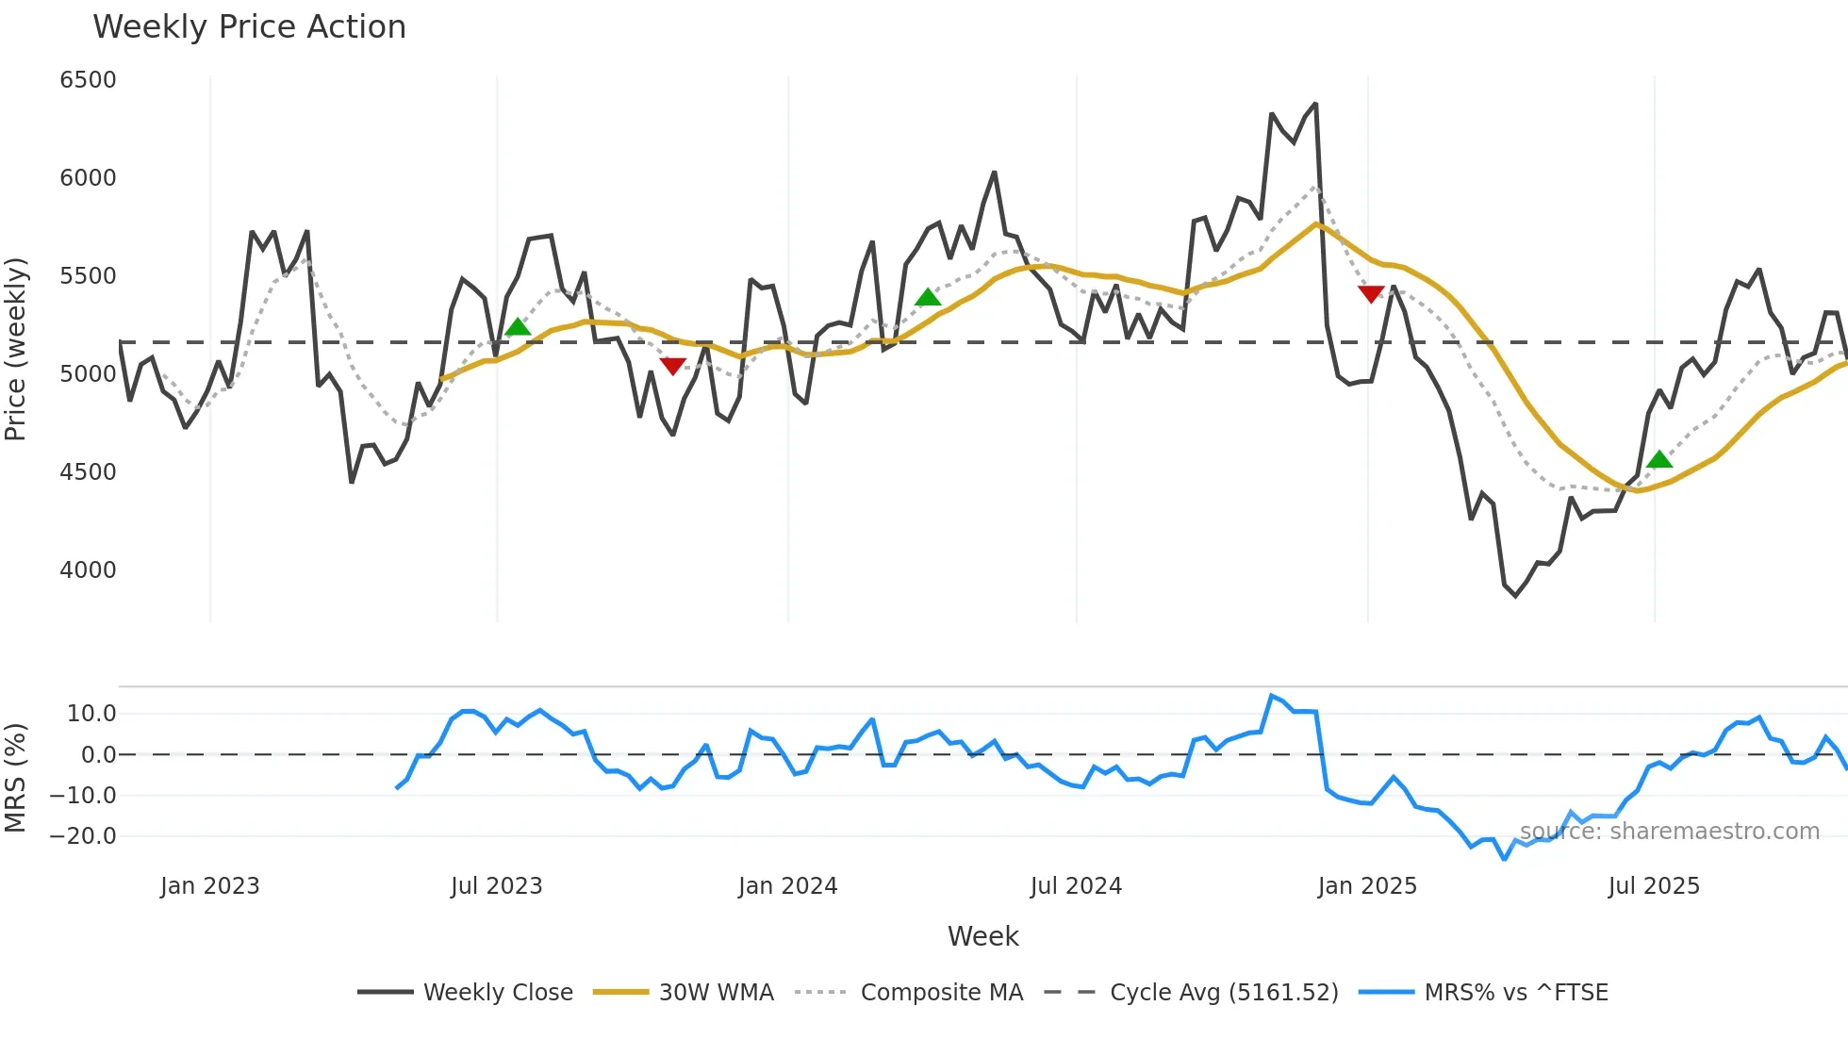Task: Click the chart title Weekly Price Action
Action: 249,27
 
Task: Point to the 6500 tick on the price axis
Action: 88,80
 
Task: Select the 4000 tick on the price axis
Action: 88,570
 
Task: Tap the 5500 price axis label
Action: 88,276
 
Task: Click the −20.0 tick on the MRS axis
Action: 83,836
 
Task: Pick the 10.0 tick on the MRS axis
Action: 91,714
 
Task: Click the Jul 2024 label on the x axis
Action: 1076,886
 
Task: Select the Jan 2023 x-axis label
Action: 209,886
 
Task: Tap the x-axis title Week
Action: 982,936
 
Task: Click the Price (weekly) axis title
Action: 16,349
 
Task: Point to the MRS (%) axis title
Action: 16,778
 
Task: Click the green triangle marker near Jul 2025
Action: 1659,460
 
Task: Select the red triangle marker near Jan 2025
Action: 1371,293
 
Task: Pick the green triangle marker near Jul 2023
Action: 518,327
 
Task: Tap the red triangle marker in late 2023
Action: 672,366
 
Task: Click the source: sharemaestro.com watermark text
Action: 1669,832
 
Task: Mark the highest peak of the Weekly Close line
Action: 1315,105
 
